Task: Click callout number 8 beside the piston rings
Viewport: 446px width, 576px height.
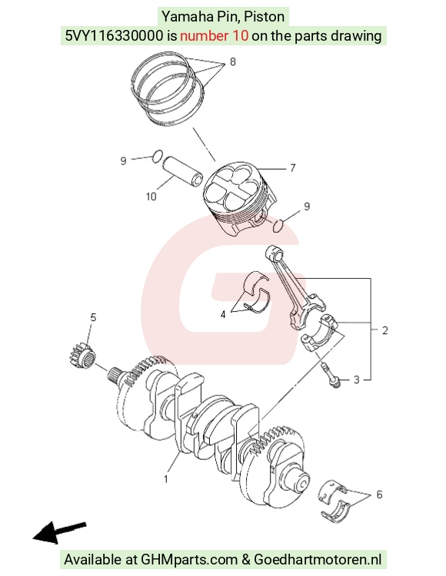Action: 232,61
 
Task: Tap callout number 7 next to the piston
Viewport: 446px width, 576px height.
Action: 293,168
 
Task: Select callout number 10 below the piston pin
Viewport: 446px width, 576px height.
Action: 151,197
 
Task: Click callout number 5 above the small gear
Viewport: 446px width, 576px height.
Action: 93,317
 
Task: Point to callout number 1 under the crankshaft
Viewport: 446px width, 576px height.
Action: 166,479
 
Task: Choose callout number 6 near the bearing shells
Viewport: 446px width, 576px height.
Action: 379,495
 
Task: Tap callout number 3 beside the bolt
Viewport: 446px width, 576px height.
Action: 356,379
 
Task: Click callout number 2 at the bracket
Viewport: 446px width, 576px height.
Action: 385,330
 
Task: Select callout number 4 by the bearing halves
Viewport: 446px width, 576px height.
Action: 223,314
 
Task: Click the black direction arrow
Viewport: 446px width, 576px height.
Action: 59,532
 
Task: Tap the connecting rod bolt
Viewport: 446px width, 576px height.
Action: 330,375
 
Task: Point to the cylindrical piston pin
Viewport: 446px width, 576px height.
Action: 183,170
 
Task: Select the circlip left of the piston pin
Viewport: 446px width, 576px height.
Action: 158,156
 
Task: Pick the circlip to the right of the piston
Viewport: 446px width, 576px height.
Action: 278,226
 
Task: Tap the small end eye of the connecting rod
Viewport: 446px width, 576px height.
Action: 274,253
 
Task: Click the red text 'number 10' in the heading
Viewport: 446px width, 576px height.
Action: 214,35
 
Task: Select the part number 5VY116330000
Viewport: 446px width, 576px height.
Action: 114,35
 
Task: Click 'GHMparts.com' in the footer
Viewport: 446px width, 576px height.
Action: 189,559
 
